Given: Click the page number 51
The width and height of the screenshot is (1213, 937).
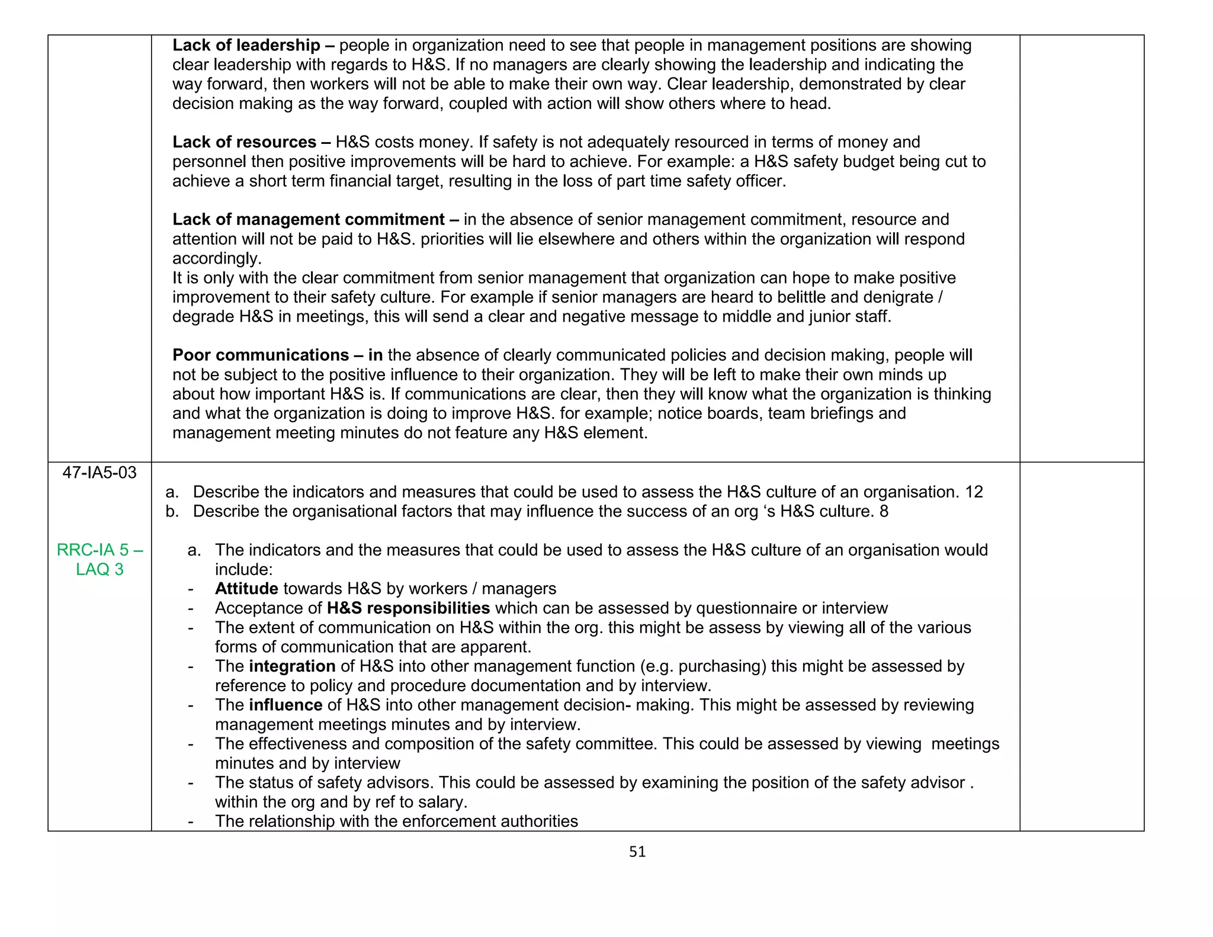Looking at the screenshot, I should coord(637,852).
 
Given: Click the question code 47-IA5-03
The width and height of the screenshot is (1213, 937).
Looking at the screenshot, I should coord(100,473).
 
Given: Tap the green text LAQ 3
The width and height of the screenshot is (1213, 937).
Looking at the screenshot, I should coord(100,569).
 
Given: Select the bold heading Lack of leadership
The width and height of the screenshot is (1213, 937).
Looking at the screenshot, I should coord(246,46).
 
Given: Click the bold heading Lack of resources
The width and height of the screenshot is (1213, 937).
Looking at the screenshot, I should coord(245,142).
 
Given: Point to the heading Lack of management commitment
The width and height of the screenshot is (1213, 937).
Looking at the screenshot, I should coord(309,220).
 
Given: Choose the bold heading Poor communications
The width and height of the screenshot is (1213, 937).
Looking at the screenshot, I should coord(261,355).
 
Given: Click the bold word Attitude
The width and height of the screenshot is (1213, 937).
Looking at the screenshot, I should coord(246,589).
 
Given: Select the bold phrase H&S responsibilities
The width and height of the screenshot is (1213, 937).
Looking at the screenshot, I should coord(408,608).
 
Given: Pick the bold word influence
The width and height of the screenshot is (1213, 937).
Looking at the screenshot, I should coord(285,705).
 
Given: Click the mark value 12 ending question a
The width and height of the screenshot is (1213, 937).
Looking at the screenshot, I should coord(974,492).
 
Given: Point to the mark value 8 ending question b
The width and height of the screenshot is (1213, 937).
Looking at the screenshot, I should coord(884,512).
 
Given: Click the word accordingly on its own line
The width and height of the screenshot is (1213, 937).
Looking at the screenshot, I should coord(216,259).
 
